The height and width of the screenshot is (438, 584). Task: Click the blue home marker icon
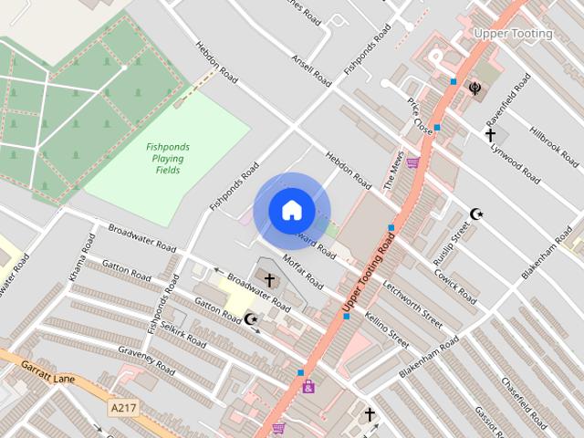[291, 210]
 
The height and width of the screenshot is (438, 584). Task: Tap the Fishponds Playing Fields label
[167, 158]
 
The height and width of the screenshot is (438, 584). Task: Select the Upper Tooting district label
[513, 34]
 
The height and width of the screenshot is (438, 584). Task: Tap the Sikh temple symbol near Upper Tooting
[474, 88]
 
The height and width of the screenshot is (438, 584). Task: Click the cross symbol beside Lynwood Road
[491, 135]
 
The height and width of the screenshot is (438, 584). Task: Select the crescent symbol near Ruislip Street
[475, 214]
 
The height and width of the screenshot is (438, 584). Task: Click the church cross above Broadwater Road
[269, 278]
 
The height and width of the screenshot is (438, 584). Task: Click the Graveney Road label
[146, 360]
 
